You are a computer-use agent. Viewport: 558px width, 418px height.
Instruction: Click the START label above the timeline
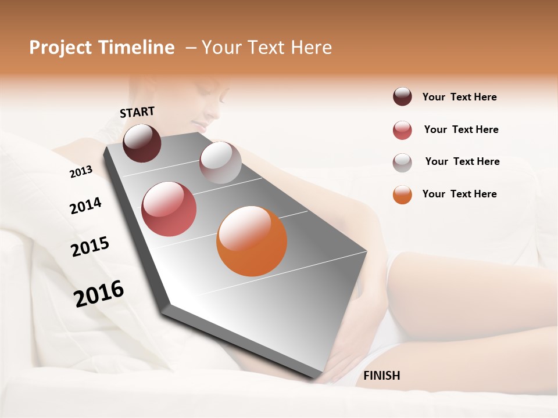pos(137,112)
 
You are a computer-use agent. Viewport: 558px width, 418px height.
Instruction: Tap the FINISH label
pos(382,376)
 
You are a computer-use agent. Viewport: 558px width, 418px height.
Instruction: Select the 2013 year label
pos(81,172)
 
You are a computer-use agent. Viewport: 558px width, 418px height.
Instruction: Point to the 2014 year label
pos(85,206)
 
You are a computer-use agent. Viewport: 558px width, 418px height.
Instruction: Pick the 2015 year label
pos(90,247)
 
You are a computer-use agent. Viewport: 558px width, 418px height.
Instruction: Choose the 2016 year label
pos(99,294)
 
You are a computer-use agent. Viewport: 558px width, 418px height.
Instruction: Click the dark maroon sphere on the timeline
pos(142,143)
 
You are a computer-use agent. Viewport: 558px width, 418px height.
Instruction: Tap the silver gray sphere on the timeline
pos(220,163)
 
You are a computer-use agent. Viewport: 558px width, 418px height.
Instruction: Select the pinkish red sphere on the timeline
pos(169,209)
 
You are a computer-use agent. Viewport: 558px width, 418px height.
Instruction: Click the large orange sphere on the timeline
pos(252,241)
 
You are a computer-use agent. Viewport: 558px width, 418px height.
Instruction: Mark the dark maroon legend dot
pos(402,96)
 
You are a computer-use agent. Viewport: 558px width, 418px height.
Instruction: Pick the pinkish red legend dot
pos(402,130)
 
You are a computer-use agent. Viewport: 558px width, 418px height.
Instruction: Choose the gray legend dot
pos(402,163)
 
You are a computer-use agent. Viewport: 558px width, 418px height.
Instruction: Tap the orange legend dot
pos(402,194)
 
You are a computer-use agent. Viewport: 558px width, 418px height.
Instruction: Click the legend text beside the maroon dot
pos(459,98)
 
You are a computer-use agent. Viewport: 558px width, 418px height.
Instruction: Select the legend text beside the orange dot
pos(459,194)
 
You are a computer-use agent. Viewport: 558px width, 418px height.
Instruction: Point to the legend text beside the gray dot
pos(462,161)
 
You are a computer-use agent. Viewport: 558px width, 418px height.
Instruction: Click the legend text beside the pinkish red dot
pos(461,129)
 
